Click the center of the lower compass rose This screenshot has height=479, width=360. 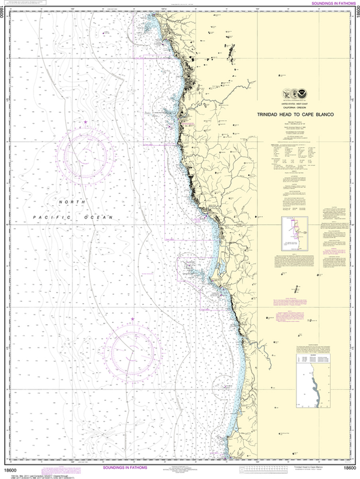click(x=131, y=349)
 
